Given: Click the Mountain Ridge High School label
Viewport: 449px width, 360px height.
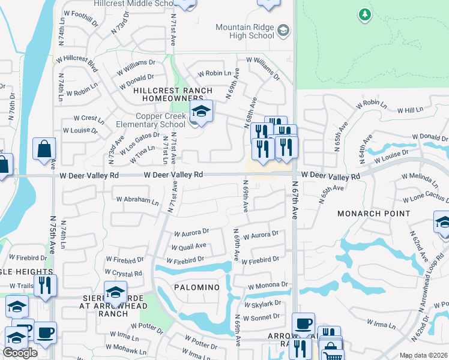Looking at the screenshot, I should point(245,32).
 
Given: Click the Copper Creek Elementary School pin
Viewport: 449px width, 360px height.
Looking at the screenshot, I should point(200,110).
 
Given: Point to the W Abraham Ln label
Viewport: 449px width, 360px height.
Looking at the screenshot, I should point(137,200).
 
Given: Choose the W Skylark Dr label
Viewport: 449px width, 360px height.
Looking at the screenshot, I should point(264,304).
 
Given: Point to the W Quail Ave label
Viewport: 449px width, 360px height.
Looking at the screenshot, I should point(188,246).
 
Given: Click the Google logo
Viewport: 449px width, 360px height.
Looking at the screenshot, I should point(20,353).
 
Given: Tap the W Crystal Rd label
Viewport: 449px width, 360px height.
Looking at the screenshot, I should point(125,274).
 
